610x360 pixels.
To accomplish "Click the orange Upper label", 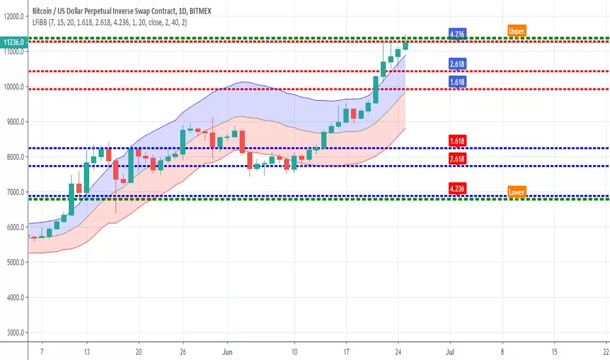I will point(516,30).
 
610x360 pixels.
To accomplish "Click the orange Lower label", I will point(516,192).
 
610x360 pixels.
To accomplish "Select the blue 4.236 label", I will point(457,34).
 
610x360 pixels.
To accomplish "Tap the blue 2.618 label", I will point(457,64).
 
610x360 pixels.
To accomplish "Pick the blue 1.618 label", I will point(457,82).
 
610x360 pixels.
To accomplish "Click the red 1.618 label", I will point(457,141).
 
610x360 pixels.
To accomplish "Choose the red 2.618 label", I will point(457,158).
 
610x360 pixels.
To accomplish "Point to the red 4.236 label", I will point(457,189).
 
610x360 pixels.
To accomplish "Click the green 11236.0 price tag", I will point(13,43).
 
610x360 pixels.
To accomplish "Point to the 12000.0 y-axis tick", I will point(14,16).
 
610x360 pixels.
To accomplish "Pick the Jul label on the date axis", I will point(450,351).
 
